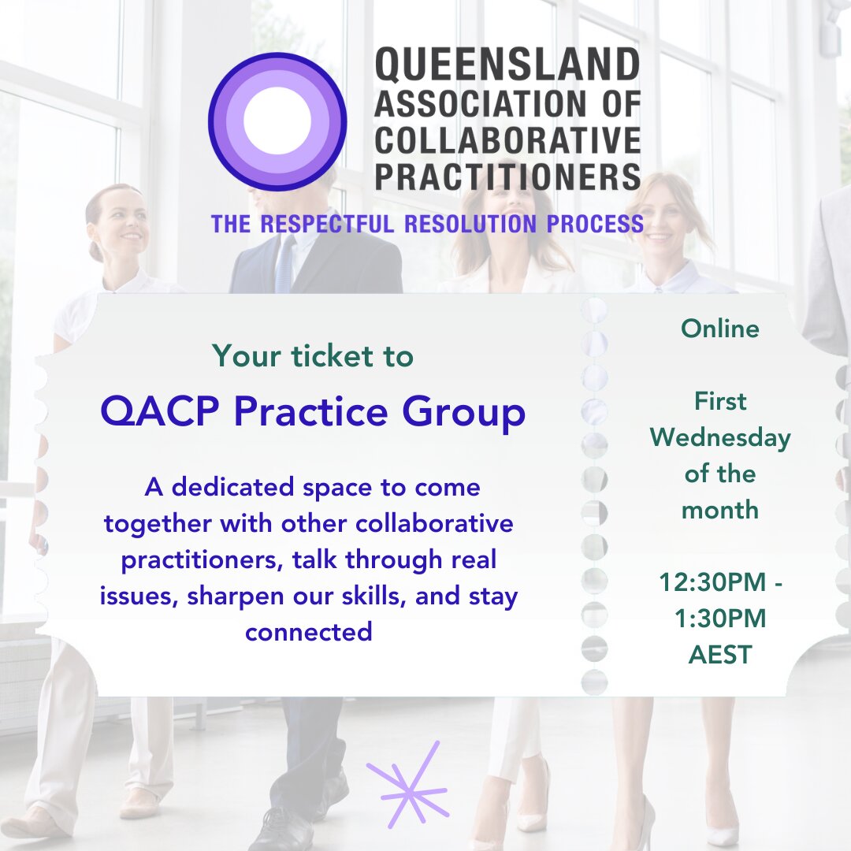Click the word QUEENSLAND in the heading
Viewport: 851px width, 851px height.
(507, 65)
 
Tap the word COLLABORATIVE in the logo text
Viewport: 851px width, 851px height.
(507, 140)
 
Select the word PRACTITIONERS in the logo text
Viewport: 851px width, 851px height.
(507, 177)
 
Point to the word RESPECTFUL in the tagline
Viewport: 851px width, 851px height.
(327, 224)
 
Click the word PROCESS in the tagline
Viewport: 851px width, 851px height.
(595, 224)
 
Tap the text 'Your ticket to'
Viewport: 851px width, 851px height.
(313, 357)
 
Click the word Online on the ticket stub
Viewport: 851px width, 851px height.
(719, 329)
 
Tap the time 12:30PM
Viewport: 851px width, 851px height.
(713, 582)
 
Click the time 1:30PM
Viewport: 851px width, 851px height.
(720, 619)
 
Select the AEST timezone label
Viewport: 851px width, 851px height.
(720, 655)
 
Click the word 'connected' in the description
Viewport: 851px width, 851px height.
(309, 632)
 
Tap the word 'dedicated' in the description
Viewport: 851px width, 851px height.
(232, 487)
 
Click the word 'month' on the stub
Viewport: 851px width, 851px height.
(719, 510)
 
